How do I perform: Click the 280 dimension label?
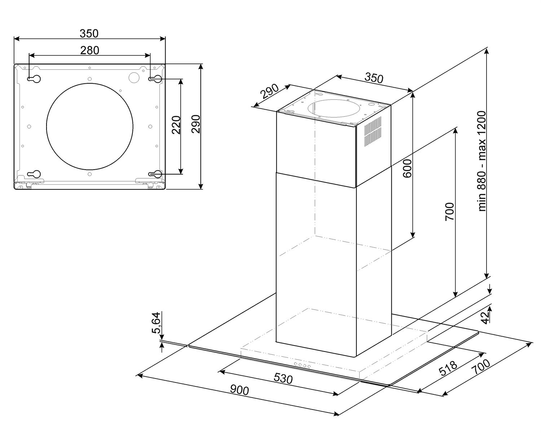pos(90,50)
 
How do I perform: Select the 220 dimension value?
pos(176,125)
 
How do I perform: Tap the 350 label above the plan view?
pos(89,34)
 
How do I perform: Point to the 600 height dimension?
pos(407,169)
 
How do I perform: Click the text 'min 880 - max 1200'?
pos(482,161)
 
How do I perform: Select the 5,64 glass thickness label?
pos(156,323)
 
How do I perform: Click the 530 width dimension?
pos(283,379)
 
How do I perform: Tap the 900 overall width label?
pos(239,390)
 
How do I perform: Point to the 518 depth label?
pos(448,368)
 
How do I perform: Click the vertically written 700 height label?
pos(450,212)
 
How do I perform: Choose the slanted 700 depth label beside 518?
pos(481,367)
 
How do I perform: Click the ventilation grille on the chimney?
pos(373,131)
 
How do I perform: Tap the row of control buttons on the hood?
pos(303,365)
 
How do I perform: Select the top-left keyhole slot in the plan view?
pos(34,79)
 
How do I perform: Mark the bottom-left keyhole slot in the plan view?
pos(34,174)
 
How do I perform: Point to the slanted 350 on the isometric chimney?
pos(374,78)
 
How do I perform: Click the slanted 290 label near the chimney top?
pos(269,91)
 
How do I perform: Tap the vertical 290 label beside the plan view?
pos(196,124)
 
